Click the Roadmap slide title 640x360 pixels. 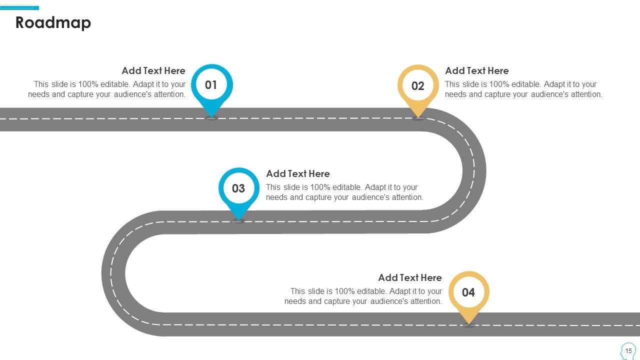(x=53, y=23)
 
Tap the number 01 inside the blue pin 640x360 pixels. (x=211, y=85)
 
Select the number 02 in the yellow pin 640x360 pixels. (x=418, y=86)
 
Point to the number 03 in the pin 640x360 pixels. (x=238, y=188)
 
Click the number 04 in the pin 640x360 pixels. (x=468, y=292)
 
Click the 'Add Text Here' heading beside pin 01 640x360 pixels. (x=153, y=71)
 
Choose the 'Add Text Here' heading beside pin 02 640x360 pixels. (x=477, y=71)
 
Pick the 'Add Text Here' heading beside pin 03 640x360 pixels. (x=298, y=174)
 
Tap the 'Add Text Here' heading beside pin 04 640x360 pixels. (x=410, y=278)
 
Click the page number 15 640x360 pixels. (x=629, y=350)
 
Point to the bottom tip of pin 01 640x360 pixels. (x=211, y=117)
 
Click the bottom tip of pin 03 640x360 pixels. (x=238, y=220)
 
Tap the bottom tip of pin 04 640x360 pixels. (x=468, y=324)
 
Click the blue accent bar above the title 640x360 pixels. (x=19, y=7)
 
